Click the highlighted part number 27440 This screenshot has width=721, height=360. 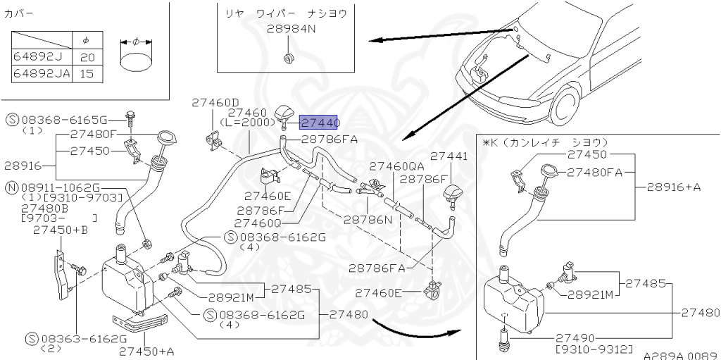pos(320,122)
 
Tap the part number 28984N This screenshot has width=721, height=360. pos(291,29)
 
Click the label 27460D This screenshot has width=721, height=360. pos(215,102)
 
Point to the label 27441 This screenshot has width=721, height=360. pos(449,156)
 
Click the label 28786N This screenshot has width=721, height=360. pos(368,219)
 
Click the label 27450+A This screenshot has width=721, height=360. pos(146,350)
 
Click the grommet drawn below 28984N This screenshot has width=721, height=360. pos(289,56)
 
